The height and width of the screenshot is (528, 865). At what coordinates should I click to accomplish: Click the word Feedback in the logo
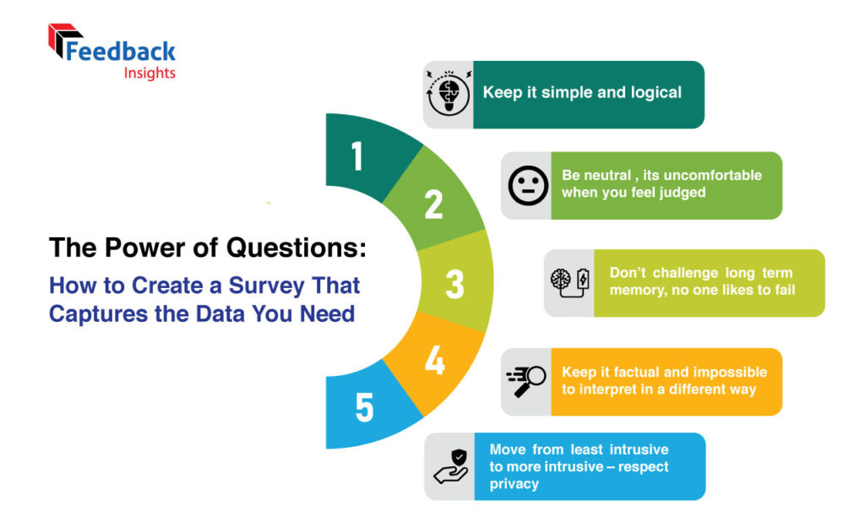tap(120, 52)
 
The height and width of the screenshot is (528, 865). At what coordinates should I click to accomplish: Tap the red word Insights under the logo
tap(150, 73)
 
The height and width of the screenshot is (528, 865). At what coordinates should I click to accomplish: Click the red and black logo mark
tap(63, 40)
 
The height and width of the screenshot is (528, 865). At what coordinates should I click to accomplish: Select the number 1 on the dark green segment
tap(357, 155)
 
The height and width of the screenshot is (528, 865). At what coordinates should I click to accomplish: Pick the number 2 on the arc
tap(433, 204)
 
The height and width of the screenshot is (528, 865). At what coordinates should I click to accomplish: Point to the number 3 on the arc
tap(454, 284)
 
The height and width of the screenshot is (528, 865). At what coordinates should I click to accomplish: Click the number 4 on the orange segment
tap(435, 360)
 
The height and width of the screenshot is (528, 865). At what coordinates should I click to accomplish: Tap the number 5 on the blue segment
tap(364, 408)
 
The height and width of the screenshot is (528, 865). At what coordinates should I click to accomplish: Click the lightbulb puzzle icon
tap(449, 94)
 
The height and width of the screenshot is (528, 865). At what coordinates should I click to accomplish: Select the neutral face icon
tap(528, 185)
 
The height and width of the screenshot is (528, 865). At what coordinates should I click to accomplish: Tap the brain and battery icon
tap(570, 282)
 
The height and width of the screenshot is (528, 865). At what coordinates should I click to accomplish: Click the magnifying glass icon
tap(525, 381)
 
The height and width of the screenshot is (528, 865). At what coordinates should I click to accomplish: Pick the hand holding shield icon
tap(451, 467)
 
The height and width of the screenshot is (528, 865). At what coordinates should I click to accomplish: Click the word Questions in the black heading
tap(296, 248)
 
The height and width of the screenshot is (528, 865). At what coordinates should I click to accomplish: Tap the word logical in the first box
tap(656, 93)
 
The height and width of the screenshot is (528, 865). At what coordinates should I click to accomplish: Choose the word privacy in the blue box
tap(514, 484)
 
